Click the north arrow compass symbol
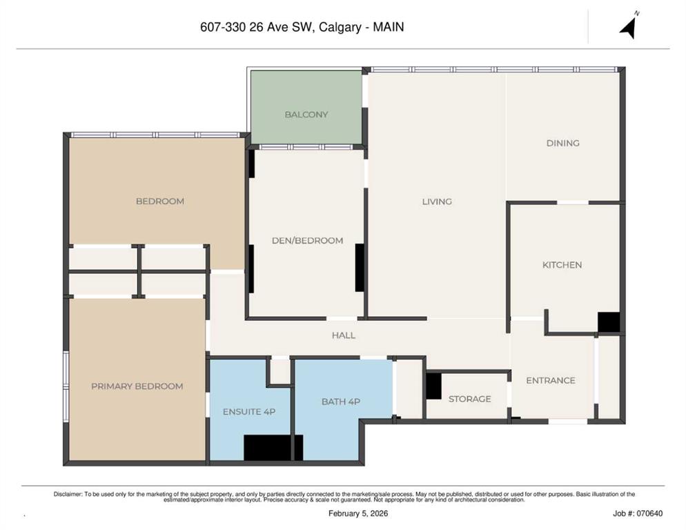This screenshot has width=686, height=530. tap(628, 27)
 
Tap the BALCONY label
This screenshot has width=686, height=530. tap(306, 115)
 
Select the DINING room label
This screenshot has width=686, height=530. tap(562, 143)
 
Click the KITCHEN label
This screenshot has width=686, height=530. tap(562, 265)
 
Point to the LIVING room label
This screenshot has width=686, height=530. tap(437, 202)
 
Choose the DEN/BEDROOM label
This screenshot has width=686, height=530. tap(308, 241)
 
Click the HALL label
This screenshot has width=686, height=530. tap(344, 335)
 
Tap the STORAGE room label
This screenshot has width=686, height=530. tap(469, 399)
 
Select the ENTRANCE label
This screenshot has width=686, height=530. tap(550, 381)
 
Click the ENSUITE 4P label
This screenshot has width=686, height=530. tap(249, 412)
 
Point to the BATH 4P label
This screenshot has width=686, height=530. tap(341, 402)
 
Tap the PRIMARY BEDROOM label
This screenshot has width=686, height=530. tap(137, 386)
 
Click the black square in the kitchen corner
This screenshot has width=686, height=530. tap(609, 322)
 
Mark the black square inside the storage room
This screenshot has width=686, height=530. tap(433, 386)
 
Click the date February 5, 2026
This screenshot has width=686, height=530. tap(358, 513)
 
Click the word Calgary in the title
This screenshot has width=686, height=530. tap(340, 27)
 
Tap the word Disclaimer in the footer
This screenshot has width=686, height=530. tap(68, 494)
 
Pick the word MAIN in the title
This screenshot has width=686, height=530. tap(388, 27)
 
